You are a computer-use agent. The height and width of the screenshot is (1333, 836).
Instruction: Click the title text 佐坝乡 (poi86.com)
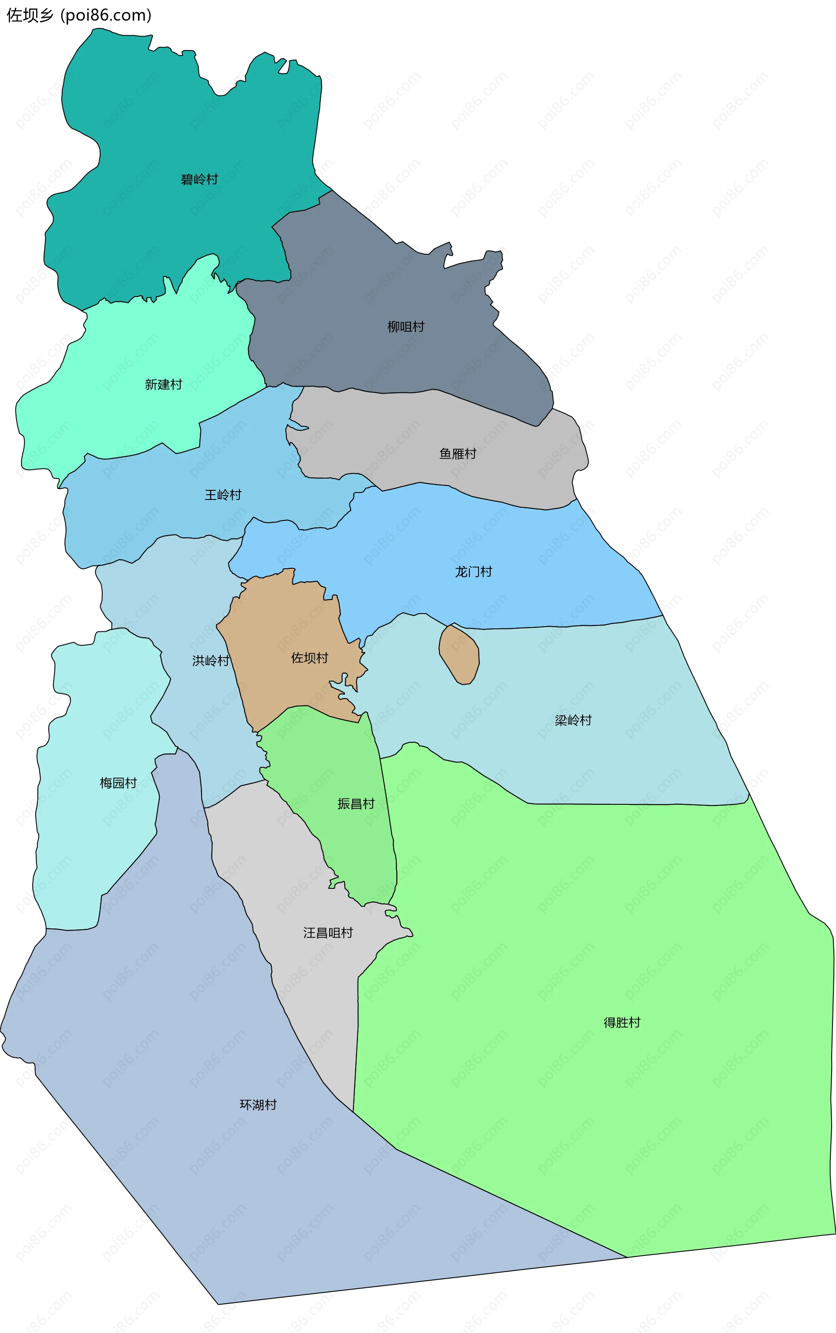(78, 15)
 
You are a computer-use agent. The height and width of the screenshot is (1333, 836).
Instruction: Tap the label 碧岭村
(199, 179)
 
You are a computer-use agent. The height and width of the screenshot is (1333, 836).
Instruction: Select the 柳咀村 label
(406, 327)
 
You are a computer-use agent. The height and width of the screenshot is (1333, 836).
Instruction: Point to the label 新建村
(163, 384)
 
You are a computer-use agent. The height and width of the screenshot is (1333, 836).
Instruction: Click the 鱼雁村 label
(457, 453)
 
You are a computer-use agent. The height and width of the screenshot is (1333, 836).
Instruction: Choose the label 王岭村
(223, 494)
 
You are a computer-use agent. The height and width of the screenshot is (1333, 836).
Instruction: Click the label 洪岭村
(210, 660)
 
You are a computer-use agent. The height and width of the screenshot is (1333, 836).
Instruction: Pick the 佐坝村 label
(309, 658)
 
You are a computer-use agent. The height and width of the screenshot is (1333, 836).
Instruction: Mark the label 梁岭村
(573, 720)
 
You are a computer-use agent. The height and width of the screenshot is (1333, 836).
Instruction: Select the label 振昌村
(356, 803)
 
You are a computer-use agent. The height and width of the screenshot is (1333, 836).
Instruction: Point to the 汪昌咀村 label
(327, 933)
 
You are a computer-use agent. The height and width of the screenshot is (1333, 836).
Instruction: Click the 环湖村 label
(258, 1105)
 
